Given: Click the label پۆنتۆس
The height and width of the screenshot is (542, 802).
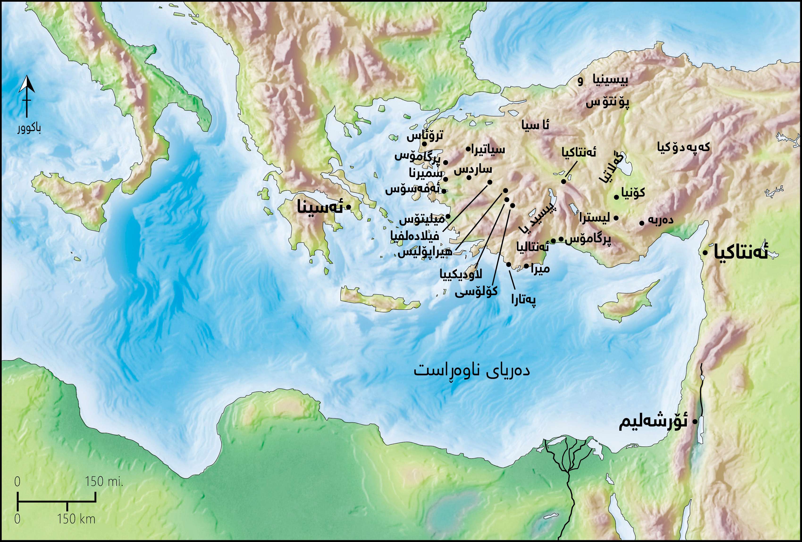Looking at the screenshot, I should coord(607,102).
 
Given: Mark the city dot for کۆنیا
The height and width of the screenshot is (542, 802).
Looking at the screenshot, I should coord(616,197).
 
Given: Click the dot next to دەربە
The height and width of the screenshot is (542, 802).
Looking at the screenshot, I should coord(642,223).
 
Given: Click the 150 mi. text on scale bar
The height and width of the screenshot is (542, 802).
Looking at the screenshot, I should coord(104,482).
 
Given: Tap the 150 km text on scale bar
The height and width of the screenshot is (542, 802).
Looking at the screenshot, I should coord(76,519).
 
